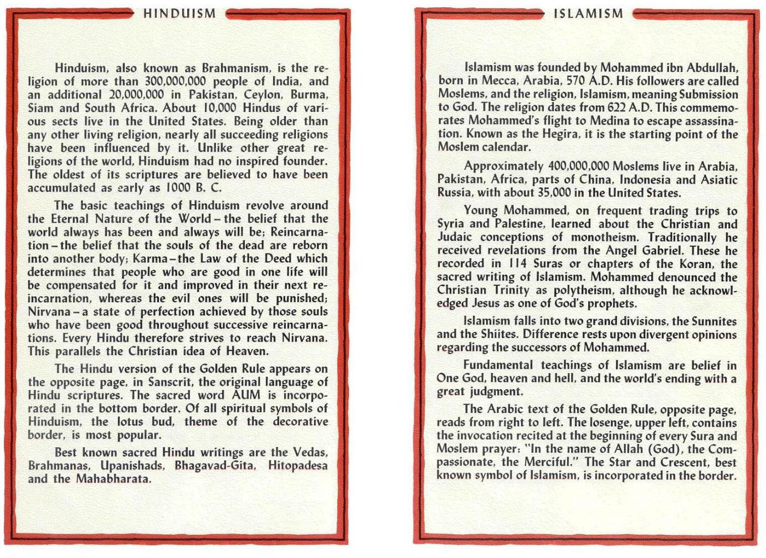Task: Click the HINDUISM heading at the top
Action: coord(180,14)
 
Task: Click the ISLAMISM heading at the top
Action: coord(589,14)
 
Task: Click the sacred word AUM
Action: coord(244,396)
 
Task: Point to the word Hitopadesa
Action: coord(297,466)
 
